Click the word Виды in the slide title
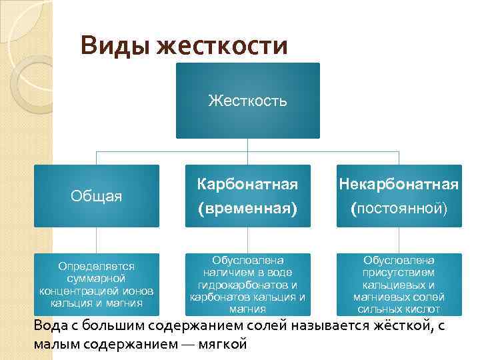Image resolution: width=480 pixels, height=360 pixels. tap(113, 47)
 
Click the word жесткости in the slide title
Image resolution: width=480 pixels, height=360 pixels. tap(222, 47)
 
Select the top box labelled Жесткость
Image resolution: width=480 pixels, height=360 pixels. tap(248, 101)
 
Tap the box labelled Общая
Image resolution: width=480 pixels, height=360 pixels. tap(97, 196)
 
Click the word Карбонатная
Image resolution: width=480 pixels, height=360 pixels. tap(247, 183)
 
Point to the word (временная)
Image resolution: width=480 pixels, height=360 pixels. tap(247, 209)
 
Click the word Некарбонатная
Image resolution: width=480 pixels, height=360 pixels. tap(399, 183)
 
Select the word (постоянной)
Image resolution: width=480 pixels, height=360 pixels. tap(399, 209)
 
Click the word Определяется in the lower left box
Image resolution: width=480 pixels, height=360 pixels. tap(96, 265)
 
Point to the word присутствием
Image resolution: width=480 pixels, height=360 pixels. tap(399, 272)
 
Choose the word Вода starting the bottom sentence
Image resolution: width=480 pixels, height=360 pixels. tap(49, 326)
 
